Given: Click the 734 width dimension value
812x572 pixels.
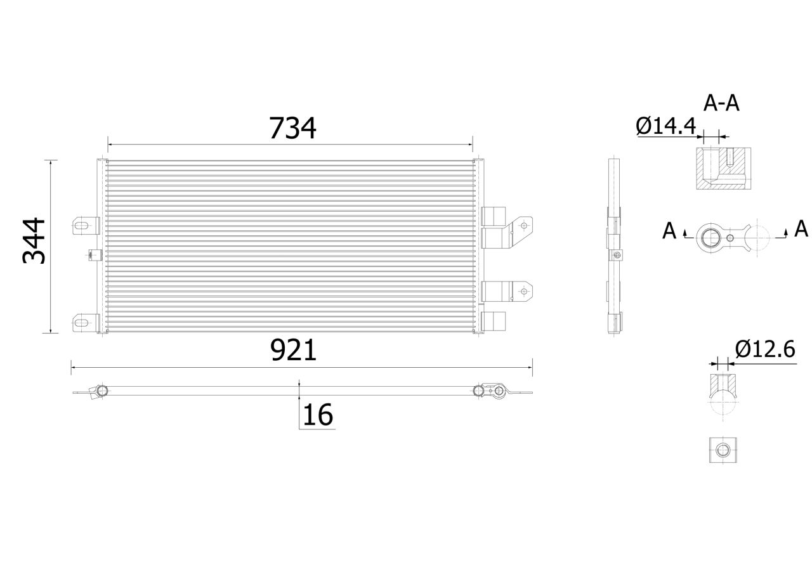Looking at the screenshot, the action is pyautogui.click(x=292, y=128).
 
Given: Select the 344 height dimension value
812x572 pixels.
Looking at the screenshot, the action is pyautogui.click(x=34, y=240).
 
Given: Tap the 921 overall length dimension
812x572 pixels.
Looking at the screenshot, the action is pyautogui.click(x=293, y=350).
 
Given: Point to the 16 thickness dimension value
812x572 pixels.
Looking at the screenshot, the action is pyautogui.click(x=318, y=415).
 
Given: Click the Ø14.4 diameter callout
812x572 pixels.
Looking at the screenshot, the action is pyautogui.click(x=665, y=126).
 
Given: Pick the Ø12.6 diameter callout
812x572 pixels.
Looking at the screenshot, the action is pyautogui.click(x=765, y=349).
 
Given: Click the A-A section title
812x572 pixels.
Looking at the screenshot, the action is pyautogui.click(x=721, y=103).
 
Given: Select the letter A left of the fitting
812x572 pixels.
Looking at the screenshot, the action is pyautogui.click(x=669, y=231).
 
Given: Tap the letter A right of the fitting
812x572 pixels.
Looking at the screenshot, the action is pyautogui.click(x=801, y=229).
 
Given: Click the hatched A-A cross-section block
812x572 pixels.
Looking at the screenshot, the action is pyautogui.click(x=723, y=169).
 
